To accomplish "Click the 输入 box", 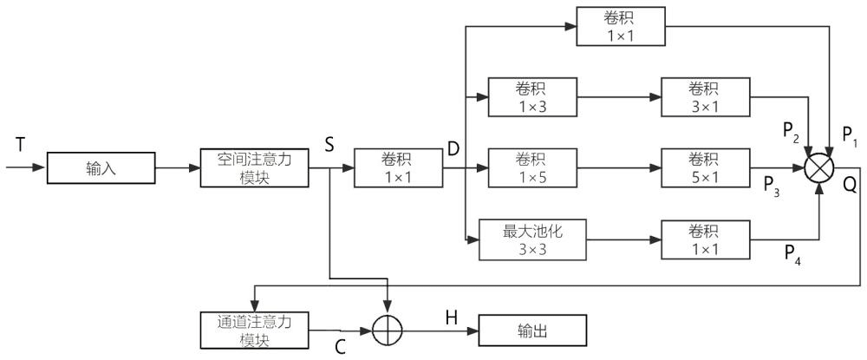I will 100,168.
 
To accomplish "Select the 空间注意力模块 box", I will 254,167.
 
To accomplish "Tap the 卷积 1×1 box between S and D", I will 397,167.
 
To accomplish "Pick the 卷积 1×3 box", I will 531,96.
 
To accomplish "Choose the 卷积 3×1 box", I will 703,96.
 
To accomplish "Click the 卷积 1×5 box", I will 531,167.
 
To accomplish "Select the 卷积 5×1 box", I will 703,167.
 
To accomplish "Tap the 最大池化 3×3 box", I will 532,239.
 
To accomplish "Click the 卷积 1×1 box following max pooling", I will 703,239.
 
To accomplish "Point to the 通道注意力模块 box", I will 254,329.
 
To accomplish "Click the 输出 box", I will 531,331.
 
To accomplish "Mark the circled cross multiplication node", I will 820,167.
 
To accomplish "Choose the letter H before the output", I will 451,317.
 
